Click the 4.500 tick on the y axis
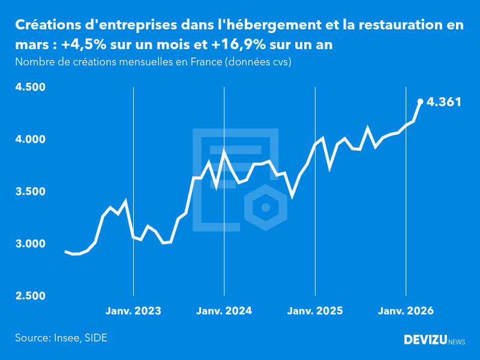click(x=30, y=88)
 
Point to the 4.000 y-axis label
click(x=30, y=140)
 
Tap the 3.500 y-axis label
click(x=30, y=192)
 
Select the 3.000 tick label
click(x=30, y=244)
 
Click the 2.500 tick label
click(x=30, y=296)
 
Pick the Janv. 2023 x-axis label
click(x=133, y=311)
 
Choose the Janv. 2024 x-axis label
click(x=224, y=311)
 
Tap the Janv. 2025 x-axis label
click(x=315, y=311)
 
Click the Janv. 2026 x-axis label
click(x=406, y=311)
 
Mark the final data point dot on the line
click(x=420, y=101)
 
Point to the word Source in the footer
click(x=31, y=338)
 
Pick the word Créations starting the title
click(x=50, y=25)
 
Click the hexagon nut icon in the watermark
click(x=265, y=208)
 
